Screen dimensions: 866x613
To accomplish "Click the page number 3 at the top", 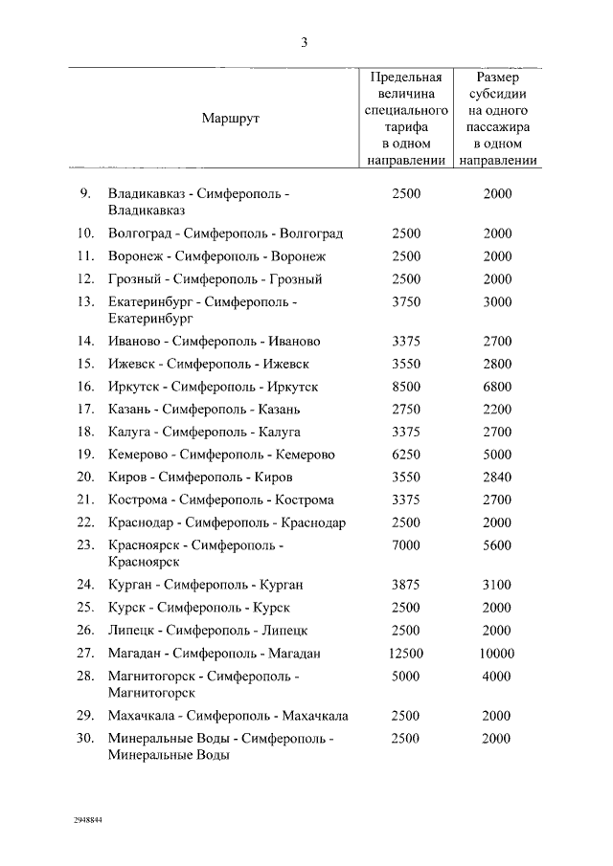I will [304, 41].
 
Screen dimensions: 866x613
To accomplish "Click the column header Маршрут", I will [230, 119].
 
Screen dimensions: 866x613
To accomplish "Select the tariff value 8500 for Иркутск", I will [406, 387].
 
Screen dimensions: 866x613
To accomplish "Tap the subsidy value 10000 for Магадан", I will [497, 654].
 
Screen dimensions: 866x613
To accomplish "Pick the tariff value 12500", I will [406, 654].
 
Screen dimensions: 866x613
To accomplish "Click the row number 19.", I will [85, 455].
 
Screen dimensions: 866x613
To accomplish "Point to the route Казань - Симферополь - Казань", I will [204, 410].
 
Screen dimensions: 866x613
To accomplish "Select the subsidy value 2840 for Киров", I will [497, 477].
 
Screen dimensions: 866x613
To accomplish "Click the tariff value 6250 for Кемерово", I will [406, 455].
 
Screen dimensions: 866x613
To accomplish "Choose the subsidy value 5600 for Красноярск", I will [497, 545].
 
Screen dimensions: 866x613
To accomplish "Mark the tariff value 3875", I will [406, 585].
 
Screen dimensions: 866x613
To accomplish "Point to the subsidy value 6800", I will [497, 387].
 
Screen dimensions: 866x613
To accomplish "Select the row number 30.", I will [85, 739].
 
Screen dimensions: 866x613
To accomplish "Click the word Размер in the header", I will [497, 77].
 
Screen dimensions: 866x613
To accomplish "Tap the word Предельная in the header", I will [406, 77].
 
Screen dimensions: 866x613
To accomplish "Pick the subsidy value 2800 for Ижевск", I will [497, 365].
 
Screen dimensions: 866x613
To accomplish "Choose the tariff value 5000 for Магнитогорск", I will [406, 677].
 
